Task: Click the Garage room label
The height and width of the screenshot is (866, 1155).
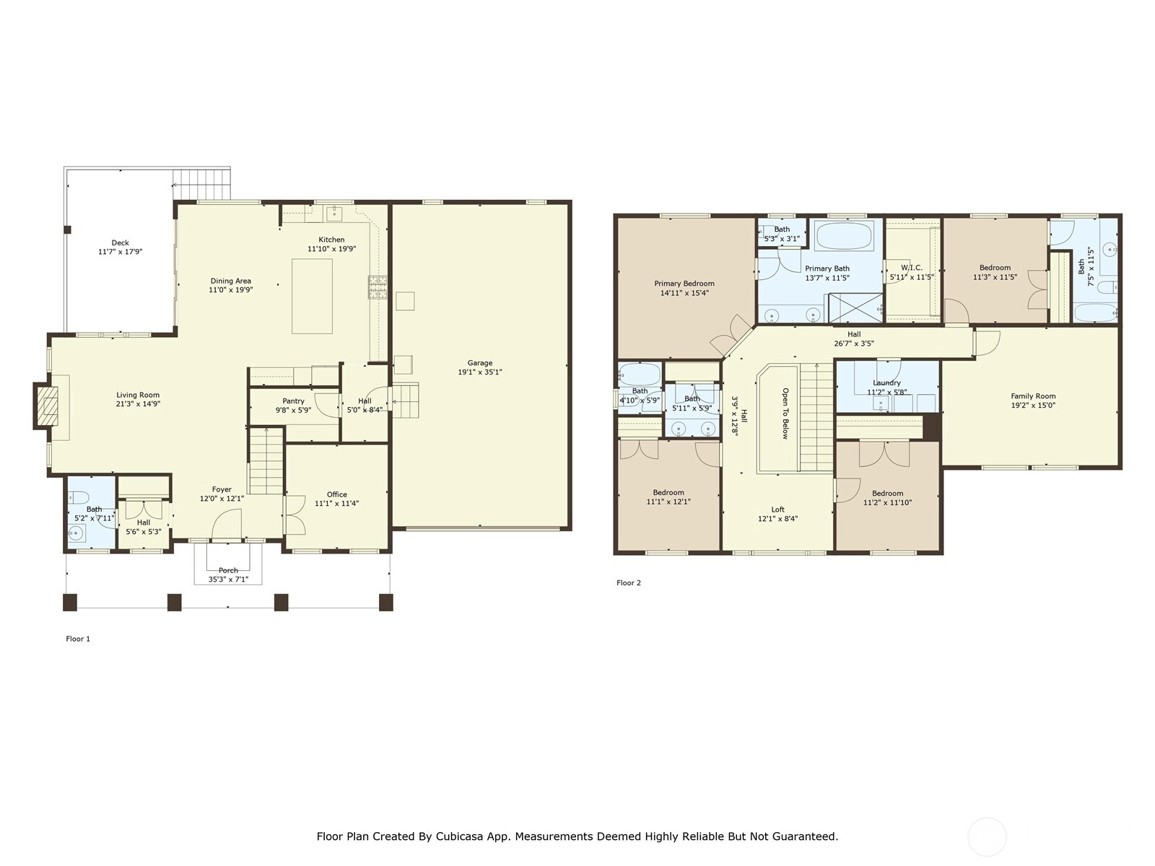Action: tap(479, 363)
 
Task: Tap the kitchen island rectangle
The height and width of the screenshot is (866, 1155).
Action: tap(312, 296)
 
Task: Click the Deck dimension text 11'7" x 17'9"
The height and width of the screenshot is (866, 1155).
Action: tap(120, 252)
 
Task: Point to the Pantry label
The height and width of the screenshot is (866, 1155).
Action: tap(293, 401)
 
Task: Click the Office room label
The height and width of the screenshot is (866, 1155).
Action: tap(337, 494)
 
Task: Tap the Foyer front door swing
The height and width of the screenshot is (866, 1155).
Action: tap(227, 524)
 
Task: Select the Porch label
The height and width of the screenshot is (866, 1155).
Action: tap(228, 570)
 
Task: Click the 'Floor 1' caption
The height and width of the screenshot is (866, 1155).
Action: tap(78, 639)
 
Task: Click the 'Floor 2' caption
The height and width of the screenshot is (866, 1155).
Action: tap(629, 582)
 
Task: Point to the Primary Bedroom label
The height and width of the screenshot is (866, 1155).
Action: tap(684, 284)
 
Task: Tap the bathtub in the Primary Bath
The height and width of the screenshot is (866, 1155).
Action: tap(845, 235)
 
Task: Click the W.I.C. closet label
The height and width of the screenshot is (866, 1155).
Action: tap(912, 268)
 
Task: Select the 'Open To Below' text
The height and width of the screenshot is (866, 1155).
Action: tap(785, 414)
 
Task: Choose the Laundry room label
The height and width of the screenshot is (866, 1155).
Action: tap(886, 382)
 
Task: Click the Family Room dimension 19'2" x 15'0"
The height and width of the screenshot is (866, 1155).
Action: tap(1033, 406)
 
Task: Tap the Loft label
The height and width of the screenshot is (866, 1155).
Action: tap(777, 509)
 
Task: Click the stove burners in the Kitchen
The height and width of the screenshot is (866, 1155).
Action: tap(378, 288)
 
